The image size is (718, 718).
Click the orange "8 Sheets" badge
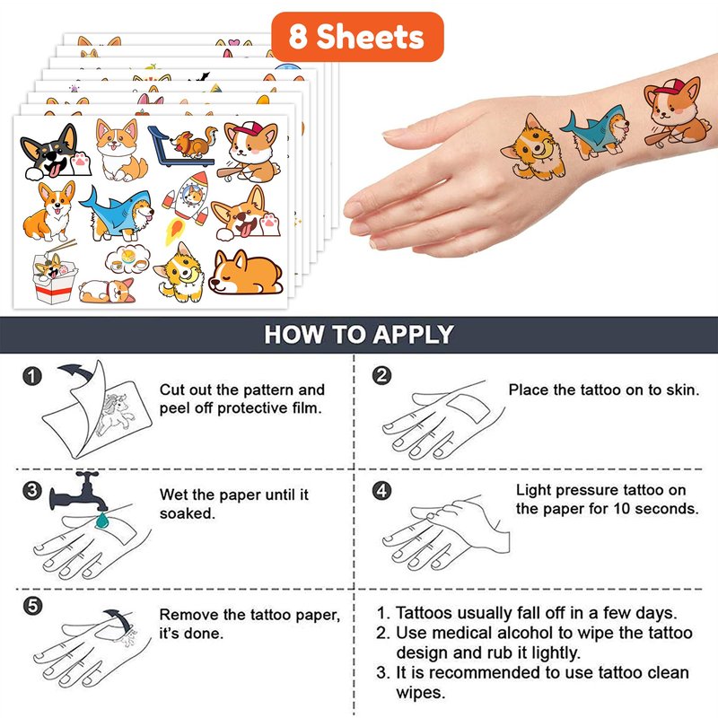[357, 37]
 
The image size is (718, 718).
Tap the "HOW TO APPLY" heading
[359, 334]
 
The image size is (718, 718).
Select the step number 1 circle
[32, 376]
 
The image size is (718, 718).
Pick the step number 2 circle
[382, 375]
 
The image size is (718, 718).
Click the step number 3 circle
[32, 490]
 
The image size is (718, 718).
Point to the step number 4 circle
[382, 490]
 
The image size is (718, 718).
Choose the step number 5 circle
[32, 606]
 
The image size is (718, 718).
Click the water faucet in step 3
[79, 492]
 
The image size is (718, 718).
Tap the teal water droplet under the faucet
[102, 521]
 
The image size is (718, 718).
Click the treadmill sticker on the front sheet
[182, 145]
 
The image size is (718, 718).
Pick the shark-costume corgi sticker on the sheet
[117, 214]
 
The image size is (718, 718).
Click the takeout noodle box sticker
[54, 273]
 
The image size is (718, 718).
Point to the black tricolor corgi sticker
[56, 152]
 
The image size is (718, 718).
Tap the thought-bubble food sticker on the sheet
[127, 259]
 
